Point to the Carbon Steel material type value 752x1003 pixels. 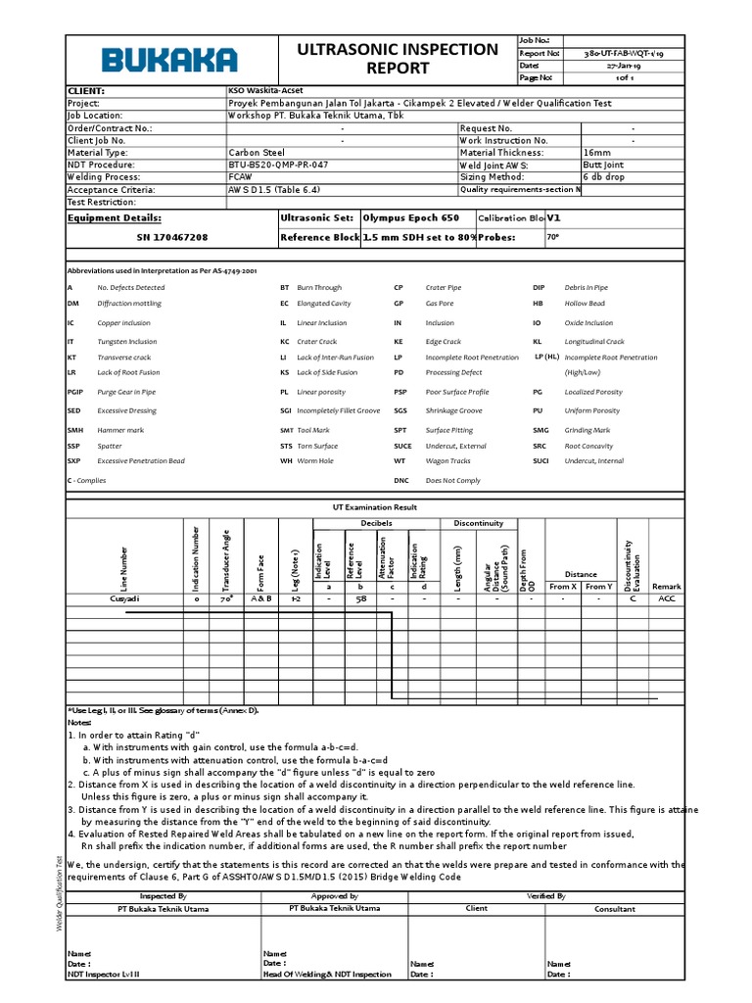click(257, 153)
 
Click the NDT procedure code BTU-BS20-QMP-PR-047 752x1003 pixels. click(278, 166)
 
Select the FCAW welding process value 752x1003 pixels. click(241, 177)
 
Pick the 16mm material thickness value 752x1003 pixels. click(596, 153)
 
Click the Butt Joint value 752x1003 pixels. click(602, 166)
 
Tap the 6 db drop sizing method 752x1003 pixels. click(605, 177)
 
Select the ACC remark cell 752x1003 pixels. click(667, 597)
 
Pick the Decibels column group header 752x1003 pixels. click(376, 523)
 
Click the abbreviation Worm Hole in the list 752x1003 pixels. click(315, 460)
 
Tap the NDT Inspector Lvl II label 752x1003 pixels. click(104, 975)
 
